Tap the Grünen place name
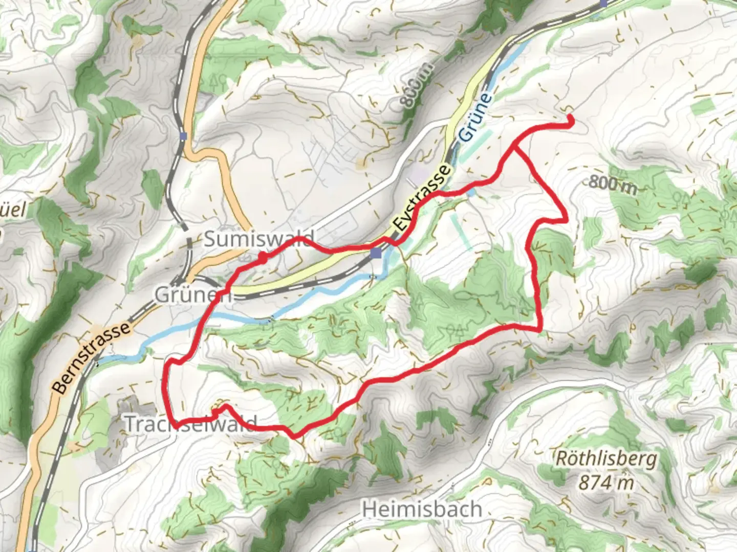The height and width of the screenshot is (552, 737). pyautogui.click(x=193, y=295)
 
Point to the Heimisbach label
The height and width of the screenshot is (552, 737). pyautogui.click(x=422, y=509)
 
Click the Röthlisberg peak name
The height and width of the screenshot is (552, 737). pyautogui.click(x=606, y=458)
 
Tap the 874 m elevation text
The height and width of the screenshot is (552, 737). pyautogui.click(x=606, y=482)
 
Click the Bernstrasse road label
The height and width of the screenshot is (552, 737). pyautogui.click(x=92, y=357)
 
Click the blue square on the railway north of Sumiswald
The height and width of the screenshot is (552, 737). pyautogui.click(x=183, y=136)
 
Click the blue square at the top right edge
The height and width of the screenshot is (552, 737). pyautogui.click(x=604, y=3)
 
